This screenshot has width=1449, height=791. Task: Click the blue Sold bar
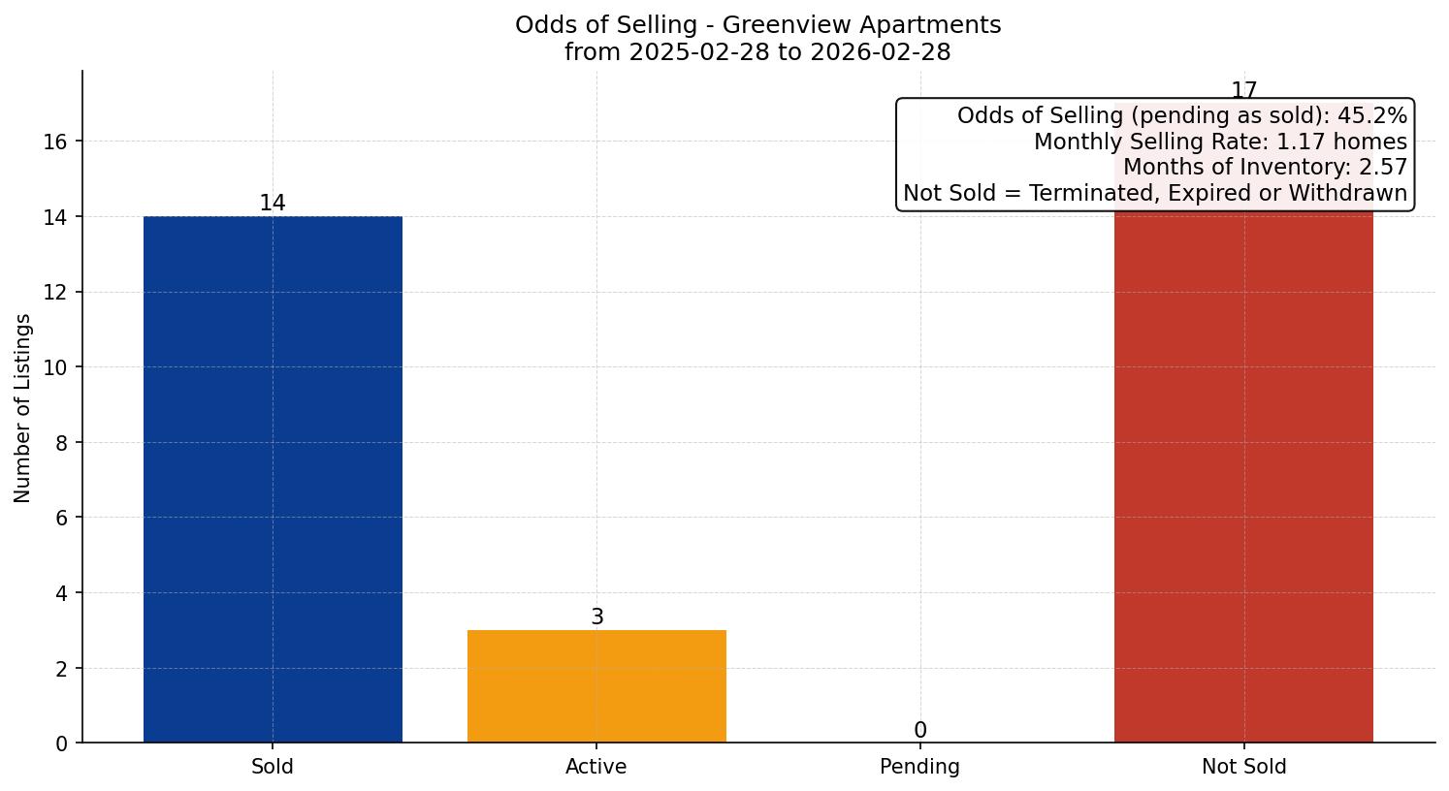[273, 479]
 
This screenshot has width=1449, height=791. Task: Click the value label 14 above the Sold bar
[273, 203]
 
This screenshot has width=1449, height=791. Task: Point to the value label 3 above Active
[597, 617]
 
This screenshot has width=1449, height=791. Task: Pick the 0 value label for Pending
[920, 730]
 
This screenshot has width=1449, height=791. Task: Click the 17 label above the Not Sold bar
[1243, 90]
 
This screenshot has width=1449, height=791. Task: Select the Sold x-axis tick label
[273, 767]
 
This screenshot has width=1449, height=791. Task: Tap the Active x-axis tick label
[596, 767]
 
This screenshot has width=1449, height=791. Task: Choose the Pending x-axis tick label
[919, 767]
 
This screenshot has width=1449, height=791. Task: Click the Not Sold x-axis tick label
[1243, 767]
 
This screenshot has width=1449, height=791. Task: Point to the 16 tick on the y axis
[55, 142]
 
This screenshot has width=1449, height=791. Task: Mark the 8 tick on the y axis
[61, 443]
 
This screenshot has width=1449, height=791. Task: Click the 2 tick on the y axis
[61, 669]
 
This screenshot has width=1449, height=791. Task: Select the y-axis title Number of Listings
[23, 407]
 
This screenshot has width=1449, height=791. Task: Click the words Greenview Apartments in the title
[832, 24]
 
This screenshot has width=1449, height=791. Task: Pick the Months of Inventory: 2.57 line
[1265, 167]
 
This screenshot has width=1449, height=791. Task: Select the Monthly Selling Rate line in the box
[1220, 142]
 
